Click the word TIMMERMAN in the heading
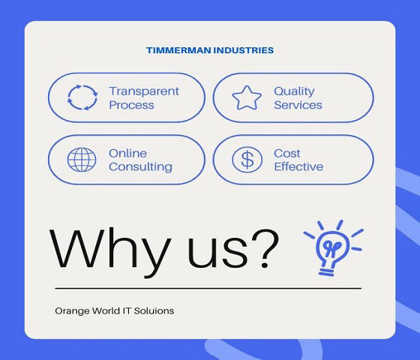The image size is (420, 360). click(178, 50)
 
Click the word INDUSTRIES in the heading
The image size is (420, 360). click(244, 50)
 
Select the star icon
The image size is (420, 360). click(247, 97)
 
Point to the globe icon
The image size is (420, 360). click(82, 160)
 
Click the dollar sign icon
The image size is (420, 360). click(247, 160)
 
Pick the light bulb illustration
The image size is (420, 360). click(333, 248)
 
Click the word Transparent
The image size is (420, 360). click(144, 91)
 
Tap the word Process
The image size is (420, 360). click(131, 105)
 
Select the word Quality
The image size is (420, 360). click(294, 91)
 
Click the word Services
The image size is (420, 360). click(298, 105)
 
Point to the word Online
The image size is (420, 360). click(127, 154)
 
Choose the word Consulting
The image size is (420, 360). click(141, 166)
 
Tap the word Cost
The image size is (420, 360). click(286, 154)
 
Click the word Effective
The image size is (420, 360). click(298, 166)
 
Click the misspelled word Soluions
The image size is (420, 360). click(154, 310)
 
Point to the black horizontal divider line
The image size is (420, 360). click(208, 289)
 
